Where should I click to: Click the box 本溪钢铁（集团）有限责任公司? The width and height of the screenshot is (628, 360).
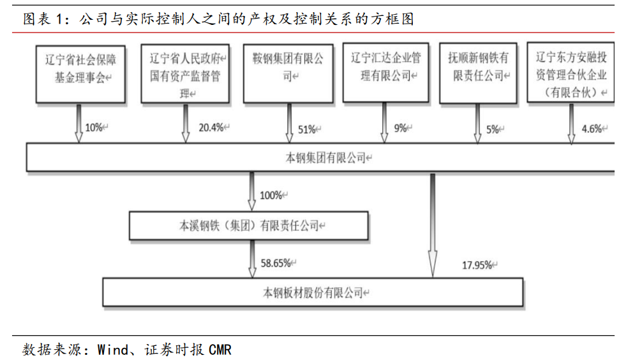[x=249, y=226]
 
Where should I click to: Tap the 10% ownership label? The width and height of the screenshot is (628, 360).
[x=94, y=128]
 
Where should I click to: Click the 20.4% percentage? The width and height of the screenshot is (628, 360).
[x=211, y=128]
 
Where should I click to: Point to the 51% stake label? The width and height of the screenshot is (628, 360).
[x=307, y=130]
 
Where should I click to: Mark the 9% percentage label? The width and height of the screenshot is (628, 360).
[x=400, y=128]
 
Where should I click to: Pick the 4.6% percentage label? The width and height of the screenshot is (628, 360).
[x=592, y=130]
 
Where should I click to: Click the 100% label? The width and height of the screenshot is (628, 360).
[x=271, y=195]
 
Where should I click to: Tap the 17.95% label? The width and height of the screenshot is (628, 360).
[x=477, y=265]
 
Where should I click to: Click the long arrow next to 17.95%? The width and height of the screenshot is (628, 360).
[x=433, y=223]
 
